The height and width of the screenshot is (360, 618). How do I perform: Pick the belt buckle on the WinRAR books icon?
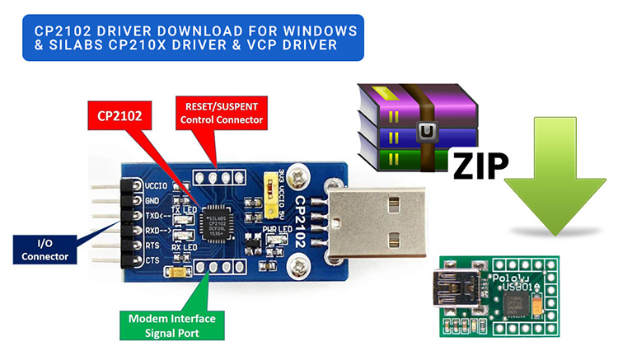click(426, 129)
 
